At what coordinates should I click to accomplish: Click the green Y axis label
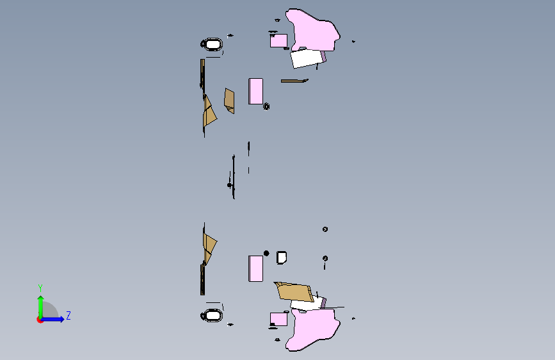(x=40, y=288)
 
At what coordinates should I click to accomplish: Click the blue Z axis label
(x=68, y=315)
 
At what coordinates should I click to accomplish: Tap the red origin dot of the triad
(x=40, y=320)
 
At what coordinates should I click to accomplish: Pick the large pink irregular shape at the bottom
(x=313, y=329)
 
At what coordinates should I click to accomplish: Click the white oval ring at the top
(x=212, y=44)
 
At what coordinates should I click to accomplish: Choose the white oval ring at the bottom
(x=212, y=315)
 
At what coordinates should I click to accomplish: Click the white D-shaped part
(x=282, y=258)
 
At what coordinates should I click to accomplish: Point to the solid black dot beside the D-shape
(x=266, y=253)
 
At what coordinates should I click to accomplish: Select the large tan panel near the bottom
(x=294, y=292)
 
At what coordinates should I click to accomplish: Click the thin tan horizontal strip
(x=294, y=81)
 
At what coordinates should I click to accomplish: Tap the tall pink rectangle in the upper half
(x=255, y=92)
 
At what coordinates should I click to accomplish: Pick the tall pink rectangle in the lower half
(x=255, y=268)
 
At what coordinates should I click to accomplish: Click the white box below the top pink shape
(x=307, y=58)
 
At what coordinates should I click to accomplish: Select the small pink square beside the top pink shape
(x=278, y=41)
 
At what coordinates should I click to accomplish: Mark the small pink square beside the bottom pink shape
(x=278, y=319)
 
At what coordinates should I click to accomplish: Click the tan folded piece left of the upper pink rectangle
(x=229, y=101)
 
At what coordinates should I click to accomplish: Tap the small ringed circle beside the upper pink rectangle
(x=266, y=106)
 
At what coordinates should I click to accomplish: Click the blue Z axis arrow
(x=53, y=319)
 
